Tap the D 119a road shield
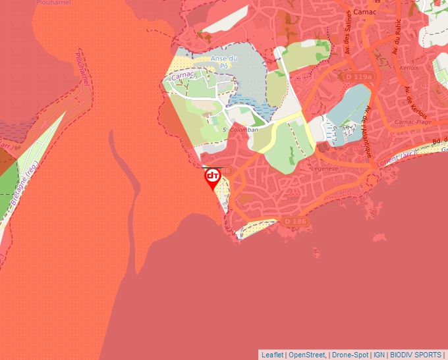click(358, 78)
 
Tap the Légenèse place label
click(324, 169)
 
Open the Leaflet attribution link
click(272, 355)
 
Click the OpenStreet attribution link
click(308, 355)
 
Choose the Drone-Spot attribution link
click(350, 355)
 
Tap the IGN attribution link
click(379, 355)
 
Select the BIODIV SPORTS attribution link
click(416, 355)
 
